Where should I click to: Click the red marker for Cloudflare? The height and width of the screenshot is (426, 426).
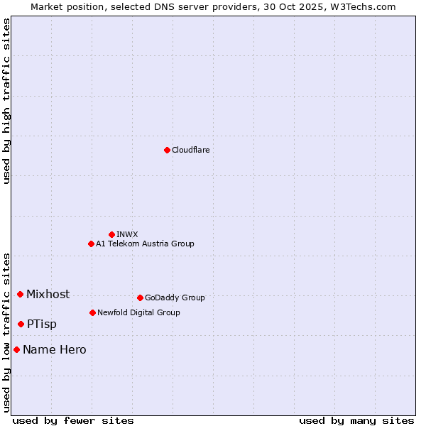click(x=167, y=150)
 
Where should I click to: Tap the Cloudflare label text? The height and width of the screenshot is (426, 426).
click(x=190, y=150)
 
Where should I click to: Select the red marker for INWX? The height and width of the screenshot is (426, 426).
click(x=111, y=234)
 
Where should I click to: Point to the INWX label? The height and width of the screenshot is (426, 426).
click(x=127, y=234)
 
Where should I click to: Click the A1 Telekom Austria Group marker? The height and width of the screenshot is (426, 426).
click(x=91, y=244)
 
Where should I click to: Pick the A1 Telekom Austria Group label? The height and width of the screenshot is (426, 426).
click(x=145, y=244)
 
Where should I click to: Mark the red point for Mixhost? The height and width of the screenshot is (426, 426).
click(x=20, y=294)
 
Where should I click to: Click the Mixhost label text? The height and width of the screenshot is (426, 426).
click(x=48, y=294)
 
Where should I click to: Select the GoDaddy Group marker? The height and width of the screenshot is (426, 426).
click(x=140, y=297)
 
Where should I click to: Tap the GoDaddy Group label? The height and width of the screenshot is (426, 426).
click(x=175, y=297)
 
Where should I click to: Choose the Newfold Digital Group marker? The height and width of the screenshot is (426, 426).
click(x=92, y=312)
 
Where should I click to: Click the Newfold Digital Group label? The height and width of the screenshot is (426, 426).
click(x=138, y=312)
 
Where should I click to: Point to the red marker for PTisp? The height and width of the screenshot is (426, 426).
click(x=21, y=324)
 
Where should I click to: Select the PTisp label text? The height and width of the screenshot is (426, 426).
click(x=42, y=324)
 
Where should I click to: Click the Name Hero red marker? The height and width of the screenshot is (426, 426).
click(x=16, y=349)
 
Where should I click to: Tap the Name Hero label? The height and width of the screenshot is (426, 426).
click(x=55, y=349)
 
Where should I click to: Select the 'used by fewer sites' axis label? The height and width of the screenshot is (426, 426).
click(x=73, y=420)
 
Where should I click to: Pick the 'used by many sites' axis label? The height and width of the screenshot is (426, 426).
click(x=356, y=420)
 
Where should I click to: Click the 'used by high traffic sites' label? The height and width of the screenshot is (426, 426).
click(x=6, y=101)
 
